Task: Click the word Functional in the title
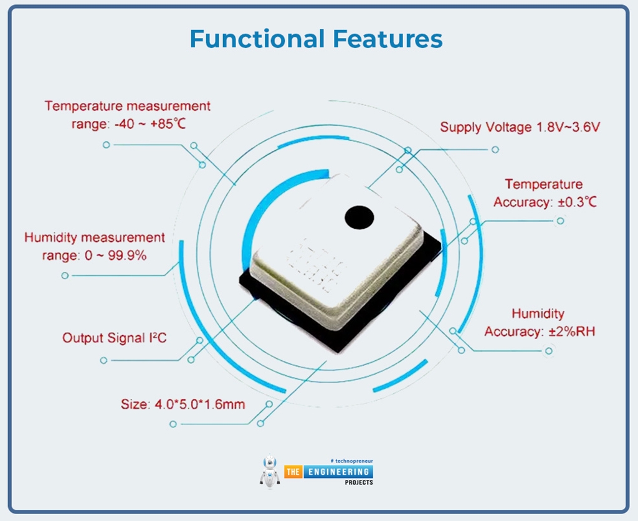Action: pyautogui.click(x=257, y=39)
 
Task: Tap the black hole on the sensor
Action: pyautogui.click(x=359, y=217)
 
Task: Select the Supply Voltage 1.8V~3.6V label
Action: pyautogui.click(x=520, y=127)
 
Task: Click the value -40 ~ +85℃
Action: pyautogui.click(x=150, y=124)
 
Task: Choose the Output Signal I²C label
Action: pyautogui.click(x=114, y=338)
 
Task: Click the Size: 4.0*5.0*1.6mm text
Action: pyautogui.click(x=183, y=404)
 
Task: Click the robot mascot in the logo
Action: pyautogui.click(x=269, y=471)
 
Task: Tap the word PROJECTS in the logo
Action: pyautogui.click(x=358, y=482)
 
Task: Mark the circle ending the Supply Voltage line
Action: pyautogui.click(x=495, y=150)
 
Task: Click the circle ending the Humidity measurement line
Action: pyautogui.click(x=65, y=275)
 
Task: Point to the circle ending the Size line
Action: pyautogui.click(x=173, y=424)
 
